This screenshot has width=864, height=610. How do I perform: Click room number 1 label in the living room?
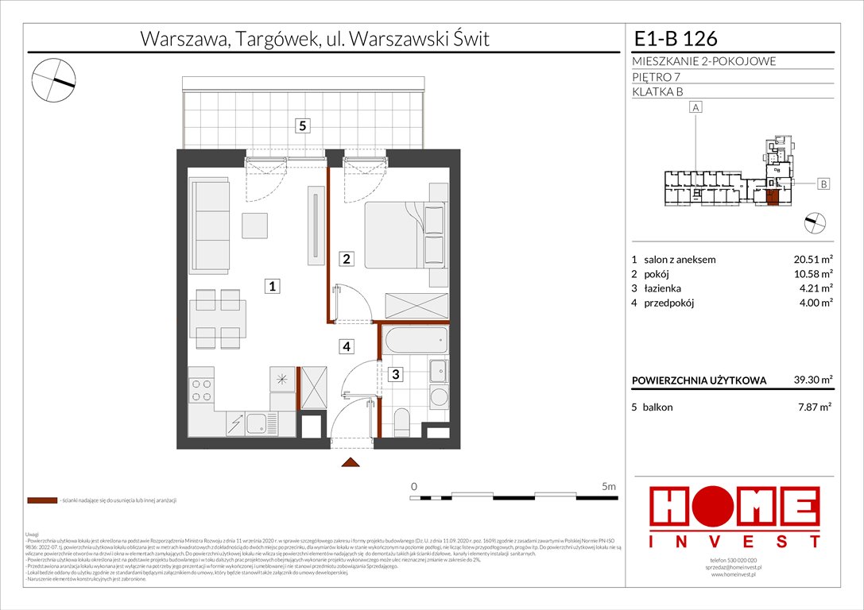coord(272,287)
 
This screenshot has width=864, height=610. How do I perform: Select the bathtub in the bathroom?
coord(412,342)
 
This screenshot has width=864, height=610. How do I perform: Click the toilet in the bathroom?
coord(401,419)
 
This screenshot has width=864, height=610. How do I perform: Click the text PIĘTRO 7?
coord(656,76)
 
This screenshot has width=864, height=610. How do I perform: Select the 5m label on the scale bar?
coord(609,485)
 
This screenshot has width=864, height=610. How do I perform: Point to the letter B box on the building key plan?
coord(824,184)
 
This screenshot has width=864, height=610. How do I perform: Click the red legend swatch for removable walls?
coord(41,501)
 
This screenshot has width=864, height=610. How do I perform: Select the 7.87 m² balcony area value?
coord(814,407)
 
